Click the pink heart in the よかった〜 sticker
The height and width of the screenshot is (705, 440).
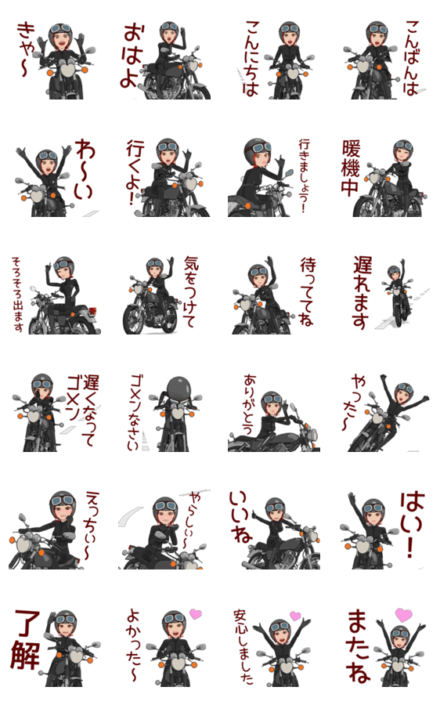click(x=195, y=613)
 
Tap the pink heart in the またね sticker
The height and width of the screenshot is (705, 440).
click(x=403, y=615)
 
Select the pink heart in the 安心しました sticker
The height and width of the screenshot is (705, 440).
click(x=295, y=616)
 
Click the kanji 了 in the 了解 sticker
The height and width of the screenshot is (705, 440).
click(x=27, y=624)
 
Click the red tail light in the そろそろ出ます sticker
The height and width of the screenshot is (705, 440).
click(x=93, y=311)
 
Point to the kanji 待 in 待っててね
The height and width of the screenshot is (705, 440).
click(x=308, y=266)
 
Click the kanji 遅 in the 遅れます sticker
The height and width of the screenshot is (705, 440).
click(x=362, y=266)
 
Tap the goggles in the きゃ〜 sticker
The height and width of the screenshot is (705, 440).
click(x=60, y=29)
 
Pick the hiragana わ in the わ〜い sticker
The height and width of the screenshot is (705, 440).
click(x=85, y=150)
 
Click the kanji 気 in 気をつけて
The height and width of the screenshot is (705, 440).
click(x=192, y=265)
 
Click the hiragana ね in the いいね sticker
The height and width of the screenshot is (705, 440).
click(x=242, y=533)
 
